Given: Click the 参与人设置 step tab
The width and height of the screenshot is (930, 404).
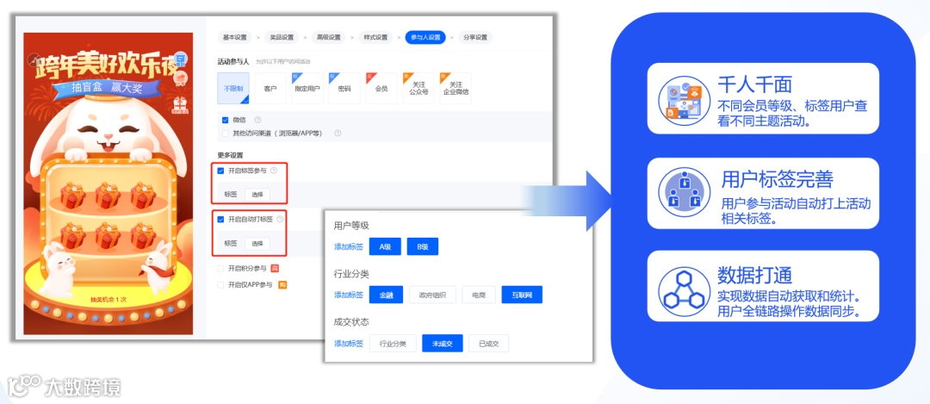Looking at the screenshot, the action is point(425,37).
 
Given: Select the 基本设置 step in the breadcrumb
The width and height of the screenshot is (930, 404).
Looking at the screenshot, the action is point(234,37).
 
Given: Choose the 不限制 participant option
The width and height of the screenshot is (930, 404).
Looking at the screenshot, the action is point(233,89).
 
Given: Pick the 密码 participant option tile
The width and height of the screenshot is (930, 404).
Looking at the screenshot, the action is point(344,89).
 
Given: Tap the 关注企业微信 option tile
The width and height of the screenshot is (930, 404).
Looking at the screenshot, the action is point(456,89).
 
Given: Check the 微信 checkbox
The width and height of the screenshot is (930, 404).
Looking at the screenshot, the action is point(226,120).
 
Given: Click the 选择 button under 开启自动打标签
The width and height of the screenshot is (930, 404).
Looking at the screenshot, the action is point(257,243).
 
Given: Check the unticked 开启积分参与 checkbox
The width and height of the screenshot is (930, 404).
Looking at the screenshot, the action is point(221,269).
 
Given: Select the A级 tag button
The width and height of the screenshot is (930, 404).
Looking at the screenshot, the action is point(384,247).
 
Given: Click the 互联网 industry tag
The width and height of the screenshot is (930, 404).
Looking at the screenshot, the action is point(522,295).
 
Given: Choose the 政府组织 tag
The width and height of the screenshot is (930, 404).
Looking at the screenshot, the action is point(432,295).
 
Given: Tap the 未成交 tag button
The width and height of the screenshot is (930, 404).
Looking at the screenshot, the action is point(442,344).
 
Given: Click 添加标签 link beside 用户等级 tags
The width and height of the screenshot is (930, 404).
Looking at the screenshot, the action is point(348,247).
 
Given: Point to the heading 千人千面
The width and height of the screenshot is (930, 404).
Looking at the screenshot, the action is point(754,84).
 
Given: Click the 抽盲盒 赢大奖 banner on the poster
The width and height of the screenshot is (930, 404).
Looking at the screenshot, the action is point(107,89).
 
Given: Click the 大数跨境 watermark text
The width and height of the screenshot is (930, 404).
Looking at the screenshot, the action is point(84,385).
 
